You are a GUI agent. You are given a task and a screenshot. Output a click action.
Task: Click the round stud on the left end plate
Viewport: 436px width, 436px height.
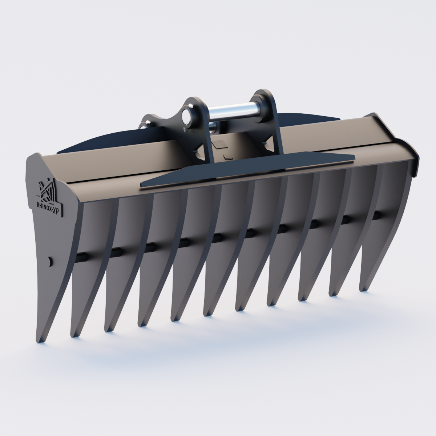(x=50, y=261)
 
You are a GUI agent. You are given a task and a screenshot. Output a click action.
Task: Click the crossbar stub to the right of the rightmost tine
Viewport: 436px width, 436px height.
(x=378, y=214)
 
